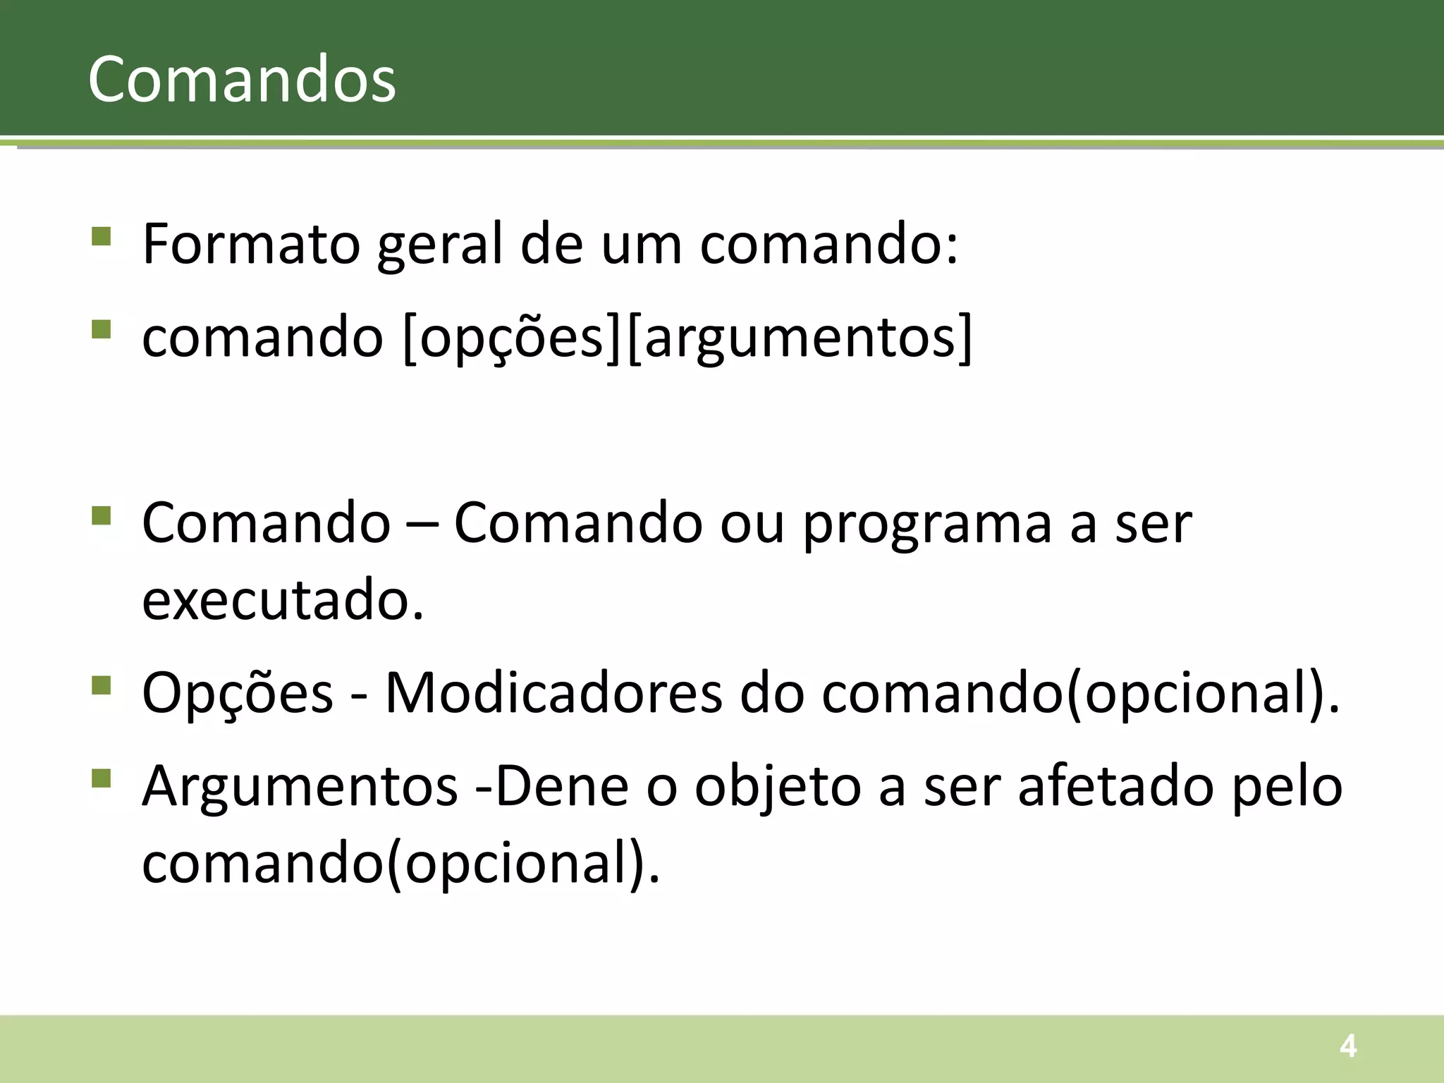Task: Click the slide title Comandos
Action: click(242, 79)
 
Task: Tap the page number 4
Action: click(1347, 1046)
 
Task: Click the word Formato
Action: click(252, 244)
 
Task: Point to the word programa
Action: click(928, 525)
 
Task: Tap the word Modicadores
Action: click(553, 693)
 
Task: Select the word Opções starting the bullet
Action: click(238, 693)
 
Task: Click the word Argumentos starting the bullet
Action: click(300, 786)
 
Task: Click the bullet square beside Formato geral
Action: click(102, 235)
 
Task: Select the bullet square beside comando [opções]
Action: click(102, 329)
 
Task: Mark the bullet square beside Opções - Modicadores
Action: click(102, 685)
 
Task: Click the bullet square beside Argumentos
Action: click(102, 778)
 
